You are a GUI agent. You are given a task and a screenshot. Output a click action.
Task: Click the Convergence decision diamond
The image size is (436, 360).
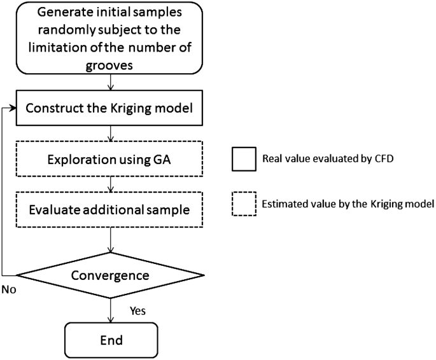(x=111, y=275)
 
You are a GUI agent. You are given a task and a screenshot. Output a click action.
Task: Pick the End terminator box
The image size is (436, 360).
(x=111, y=340)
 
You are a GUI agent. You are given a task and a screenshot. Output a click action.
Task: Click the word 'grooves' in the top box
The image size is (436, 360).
(x=111, y=64)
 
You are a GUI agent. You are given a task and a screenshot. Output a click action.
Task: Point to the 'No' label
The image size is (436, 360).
(x=8, y=289)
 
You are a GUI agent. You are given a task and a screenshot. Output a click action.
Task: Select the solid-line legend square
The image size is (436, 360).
(x=242, y=158)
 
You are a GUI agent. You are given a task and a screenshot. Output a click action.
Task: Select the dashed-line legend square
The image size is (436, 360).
(x=242, y=204)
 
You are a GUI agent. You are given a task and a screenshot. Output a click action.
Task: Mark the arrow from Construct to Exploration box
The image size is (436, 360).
(x=112, y=131)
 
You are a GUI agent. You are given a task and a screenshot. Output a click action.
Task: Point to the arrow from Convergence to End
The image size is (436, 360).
(x=112, y=310)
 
